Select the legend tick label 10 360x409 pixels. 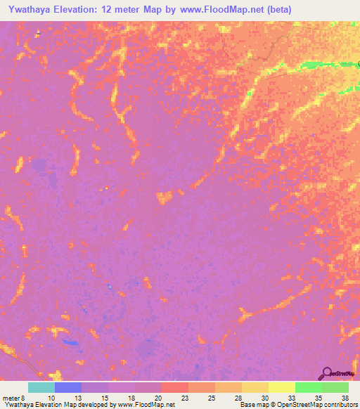pos(51,397)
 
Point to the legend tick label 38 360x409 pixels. pos(344,397)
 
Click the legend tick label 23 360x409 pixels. pos(184,397)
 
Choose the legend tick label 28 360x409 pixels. pos(238,397)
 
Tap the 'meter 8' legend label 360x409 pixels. pos(14,397)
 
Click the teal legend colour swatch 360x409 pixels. pos(41,387)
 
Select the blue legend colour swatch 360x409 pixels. pos(67,387)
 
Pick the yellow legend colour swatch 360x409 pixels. pos(281,387)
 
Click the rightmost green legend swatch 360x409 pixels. pos(335,387)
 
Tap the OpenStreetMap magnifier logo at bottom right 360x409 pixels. pos(328,373)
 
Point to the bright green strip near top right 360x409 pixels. pos(320,65)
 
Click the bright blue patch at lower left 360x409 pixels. pos(70,342)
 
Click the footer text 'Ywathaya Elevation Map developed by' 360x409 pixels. pos(58,405)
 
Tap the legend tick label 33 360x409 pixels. pos(291,397)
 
